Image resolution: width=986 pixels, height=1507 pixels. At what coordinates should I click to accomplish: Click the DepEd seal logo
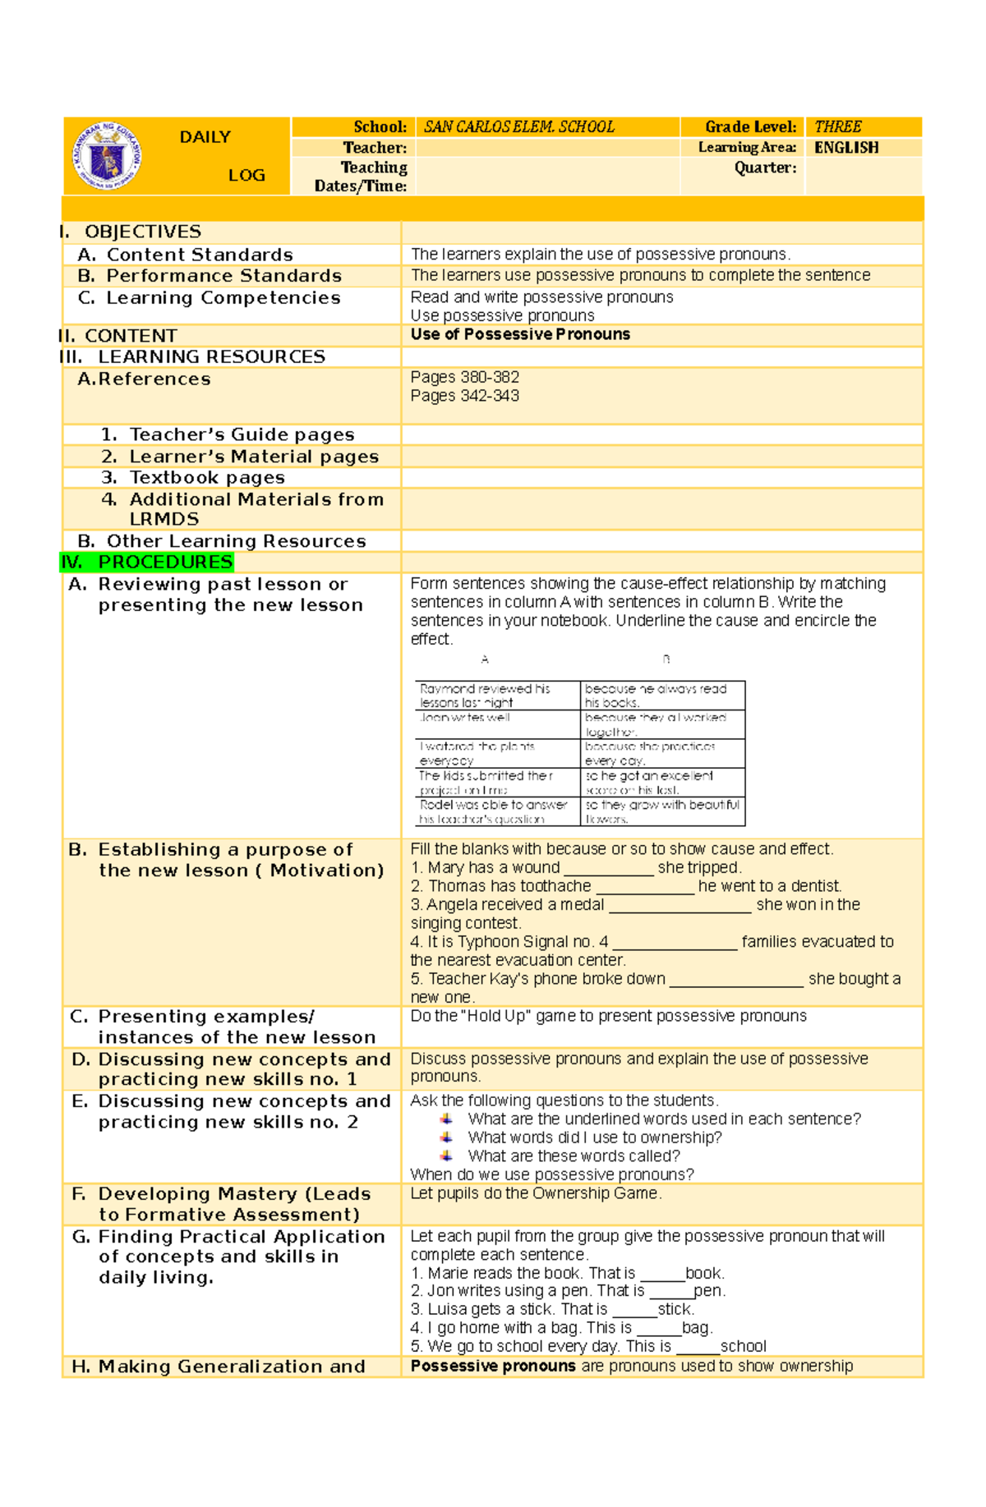pos(108,156)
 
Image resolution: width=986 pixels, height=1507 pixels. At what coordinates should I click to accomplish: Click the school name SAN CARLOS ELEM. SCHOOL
pos(518,127)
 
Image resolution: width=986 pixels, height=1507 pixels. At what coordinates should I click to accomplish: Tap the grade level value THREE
pos(837,127)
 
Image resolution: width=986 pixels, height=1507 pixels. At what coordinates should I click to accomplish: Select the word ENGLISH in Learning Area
pos(846,148)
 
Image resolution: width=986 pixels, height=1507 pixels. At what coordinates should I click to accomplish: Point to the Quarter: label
pos(765,168)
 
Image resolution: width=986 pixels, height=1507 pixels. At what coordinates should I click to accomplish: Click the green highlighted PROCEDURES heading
pos(164,563)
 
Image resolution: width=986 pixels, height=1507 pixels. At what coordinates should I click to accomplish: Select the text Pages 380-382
pos(464,378)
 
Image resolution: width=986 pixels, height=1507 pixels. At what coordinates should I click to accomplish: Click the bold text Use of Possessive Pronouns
pos(520,334)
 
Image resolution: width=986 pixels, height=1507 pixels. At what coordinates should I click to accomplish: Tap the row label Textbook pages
pos(207,478)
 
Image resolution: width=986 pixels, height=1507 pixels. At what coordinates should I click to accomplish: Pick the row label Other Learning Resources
pos(236,541)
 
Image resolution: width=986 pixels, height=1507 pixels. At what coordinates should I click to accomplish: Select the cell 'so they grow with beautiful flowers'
pos(662,811)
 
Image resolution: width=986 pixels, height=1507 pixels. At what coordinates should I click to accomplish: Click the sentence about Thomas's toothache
pos(625,886)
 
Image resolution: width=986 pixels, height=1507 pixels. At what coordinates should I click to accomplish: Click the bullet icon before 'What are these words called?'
pos(446,1156)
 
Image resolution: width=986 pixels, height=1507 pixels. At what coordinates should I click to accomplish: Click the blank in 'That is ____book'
pos(662,1274)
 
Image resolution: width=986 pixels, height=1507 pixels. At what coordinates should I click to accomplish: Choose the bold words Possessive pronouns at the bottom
pos(493,1367)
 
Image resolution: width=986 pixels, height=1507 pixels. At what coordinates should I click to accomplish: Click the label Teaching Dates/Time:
pos(361,177)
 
